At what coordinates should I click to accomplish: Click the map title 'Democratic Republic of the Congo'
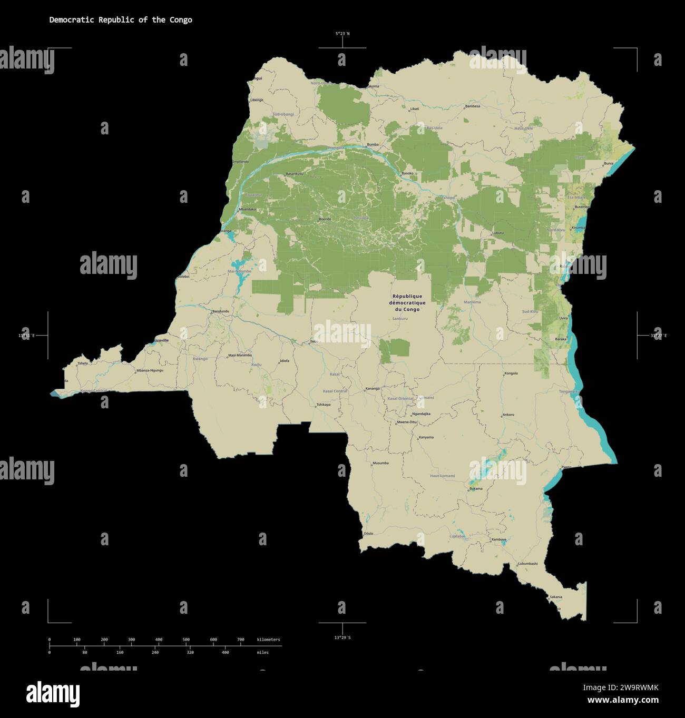pyautogui.click(x=121, y=20)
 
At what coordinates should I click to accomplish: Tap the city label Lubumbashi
pyautogui.click(x=527, y=564)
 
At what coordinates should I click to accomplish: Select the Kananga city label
pyautogui.click(x=372, y=389)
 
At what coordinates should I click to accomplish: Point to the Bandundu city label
pyautogui.click(x=221, y=311)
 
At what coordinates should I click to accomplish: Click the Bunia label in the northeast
pyautogui.click(x=609, y=163)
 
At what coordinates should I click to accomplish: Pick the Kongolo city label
pyautogui.click(x=511, y=373)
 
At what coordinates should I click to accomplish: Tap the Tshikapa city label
pyautogui.click(x=323, y=405)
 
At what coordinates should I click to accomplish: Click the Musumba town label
pyautogui.click(x=380, y=463)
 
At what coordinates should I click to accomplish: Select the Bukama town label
pyautogui.click(x=476, y=488)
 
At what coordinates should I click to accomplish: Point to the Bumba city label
pyautogui.click(x=373, y=144)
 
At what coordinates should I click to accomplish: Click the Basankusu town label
pyautogui.click(x=295, y=174)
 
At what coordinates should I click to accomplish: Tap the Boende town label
pyautogui.click(x=325, y=219)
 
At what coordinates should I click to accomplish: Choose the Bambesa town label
pyautogui.click(x=473, y=106)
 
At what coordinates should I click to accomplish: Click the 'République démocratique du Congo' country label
pyautogui.click(x=407, y=303)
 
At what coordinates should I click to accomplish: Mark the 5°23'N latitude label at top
pyautogui.click(x=342, y=34)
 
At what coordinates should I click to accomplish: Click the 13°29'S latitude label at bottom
pyautogui.click(x=342, y=637)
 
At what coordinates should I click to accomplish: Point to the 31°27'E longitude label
pyautogui.click(x=658, y=336)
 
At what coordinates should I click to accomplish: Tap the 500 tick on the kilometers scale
pyautogui.click(x=186, y=640)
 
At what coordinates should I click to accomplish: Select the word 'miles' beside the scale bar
pyautogui.click(x=262, y=653)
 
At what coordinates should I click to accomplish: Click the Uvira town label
pyautogui.click(x=563, y=318)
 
